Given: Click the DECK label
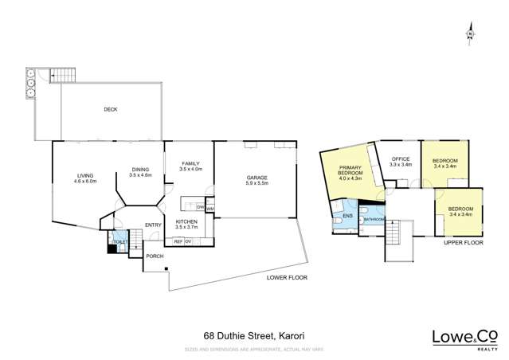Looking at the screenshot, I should [x=110, y=110].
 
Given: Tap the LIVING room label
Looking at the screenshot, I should [x=86, y=176].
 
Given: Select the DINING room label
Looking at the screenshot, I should [x=141, y=170].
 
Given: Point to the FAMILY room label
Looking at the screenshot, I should [x=190, y=163].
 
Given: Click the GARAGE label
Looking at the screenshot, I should [x=256, y=178].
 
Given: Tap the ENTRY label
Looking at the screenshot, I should [x=153, y=225].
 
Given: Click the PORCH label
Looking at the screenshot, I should [x=154, y=256].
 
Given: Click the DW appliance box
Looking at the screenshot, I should [x=200, y=208].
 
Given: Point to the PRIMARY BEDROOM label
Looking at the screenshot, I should [x=350, y=173].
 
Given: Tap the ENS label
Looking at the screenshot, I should [x=347, y=216].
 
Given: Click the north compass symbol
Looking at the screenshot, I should [x=470, y=33].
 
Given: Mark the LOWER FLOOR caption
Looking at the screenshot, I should [x=285, y=277].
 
